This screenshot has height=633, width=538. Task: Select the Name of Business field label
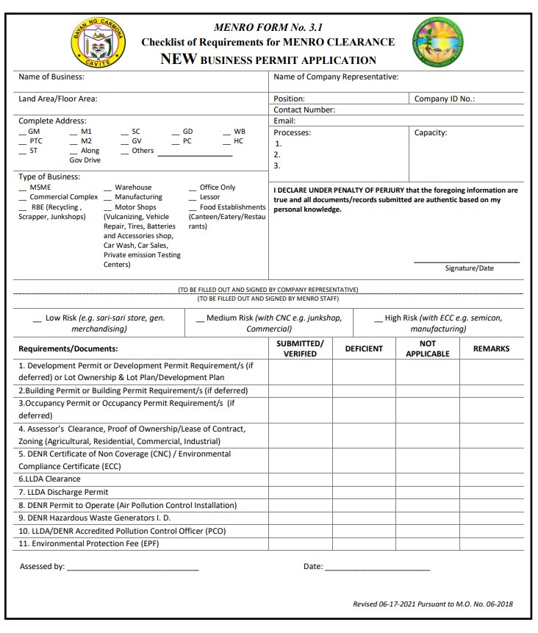pos(51,76)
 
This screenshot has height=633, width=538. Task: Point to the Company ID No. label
pos(445,99)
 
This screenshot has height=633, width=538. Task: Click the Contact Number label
pos(304,110)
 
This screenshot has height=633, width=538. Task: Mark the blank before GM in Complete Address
pos(23,132)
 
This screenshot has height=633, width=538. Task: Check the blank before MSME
pos(23,188)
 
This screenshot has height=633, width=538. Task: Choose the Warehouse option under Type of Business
pos(132,187)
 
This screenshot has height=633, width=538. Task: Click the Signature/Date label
pos(469,268)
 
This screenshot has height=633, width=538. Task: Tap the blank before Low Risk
pos(37,319)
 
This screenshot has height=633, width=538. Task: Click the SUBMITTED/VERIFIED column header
pos(300,348)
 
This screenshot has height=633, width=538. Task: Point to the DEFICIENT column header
pos(364,348)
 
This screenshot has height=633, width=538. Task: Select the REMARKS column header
pos(491,348)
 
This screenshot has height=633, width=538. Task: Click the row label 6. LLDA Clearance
pos(50,479)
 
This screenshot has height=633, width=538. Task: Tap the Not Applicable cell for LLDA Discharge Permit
pos(428,493)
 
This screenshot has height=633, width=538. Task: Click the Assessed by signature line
pos(132,568)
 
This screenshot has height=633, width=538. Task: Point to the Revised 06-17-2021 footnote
pos(433,604)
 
